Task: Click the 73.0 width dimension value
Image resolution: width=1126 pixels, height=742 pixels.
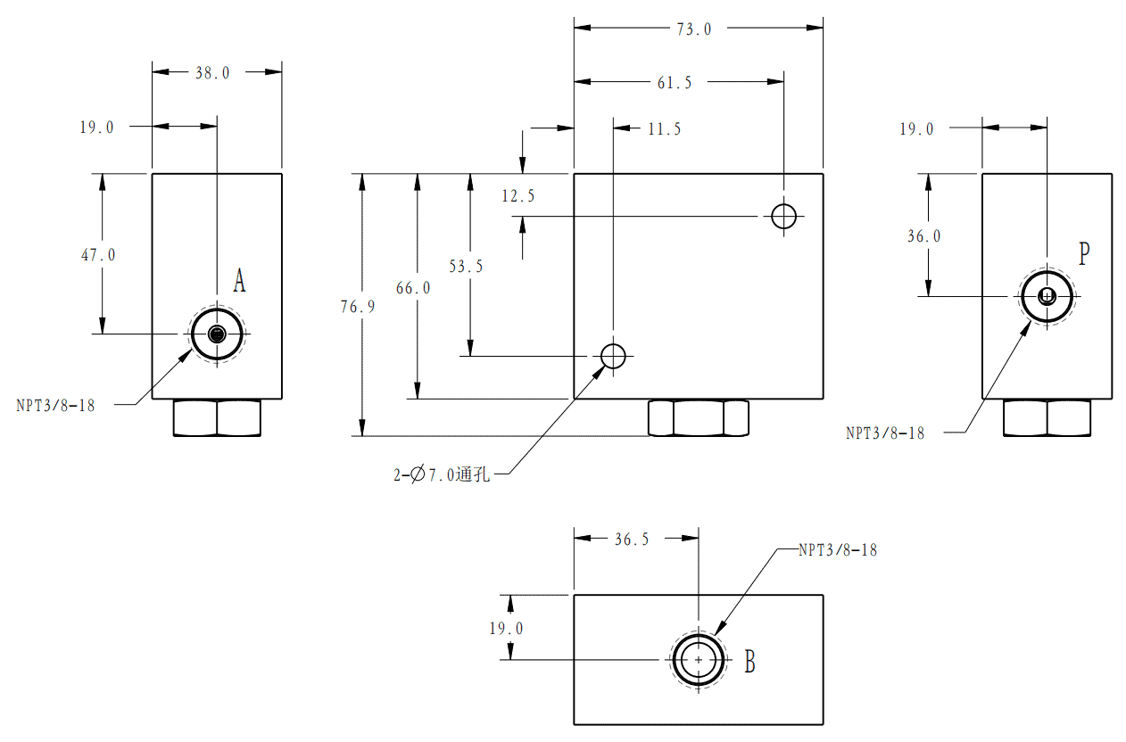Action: pos(693,29)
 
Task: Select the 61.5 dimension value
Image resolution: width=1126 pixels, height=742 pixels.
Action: pos(675,82)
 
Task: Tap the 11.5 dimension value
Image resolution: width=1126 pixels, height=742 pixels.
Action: pos(664,129)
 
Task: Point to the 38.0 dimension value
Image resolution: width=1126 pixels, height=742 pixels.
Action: pos(212,73)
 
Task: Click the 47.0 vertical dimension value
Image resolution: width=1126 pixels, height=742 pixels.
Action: pos(98,255)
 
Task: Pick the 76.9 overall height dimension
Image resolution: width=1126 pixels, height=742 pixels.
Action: pos(358,307)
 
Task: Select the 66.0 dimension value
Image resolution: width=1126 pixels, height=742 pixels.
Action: pos(413,288)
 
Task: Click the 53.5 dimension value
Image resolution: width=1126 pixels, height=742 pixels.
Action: pos(466,266)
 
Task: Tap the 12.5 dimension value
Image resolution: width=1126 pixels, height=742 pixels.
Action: pos(518,195)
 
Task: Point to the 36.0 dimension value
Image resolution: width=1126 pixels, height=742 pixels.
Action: pos(924,235)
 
